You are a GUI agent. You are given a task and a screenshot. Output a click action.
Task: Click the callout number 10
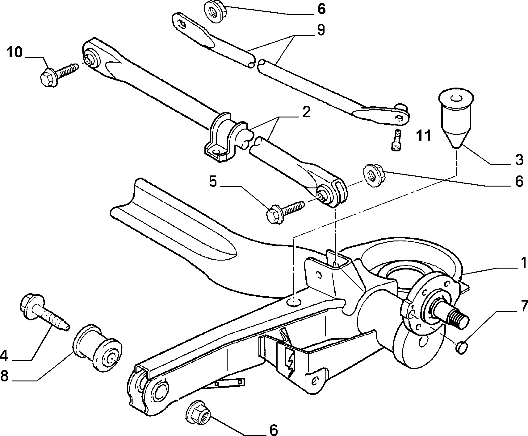pyautogui.click(x=15, y=52)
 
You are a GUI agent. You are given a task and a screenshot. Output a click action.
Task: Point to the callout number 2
pyautogui.click(x=306, y=113)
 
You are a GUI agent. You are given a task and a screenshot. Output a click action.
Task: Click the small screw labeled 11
pyautogui.click(x=397, y=140)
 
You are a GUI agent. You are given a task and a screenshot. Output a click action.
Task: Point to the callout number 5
pyautogui.click(x=213, y=181)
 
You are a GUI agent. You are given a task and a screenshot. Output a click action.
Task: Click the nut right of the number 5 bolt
pyautogui.click(x=374, y=176)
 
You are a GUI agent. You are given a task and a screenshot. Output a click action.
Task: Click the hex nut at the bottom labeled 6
pyautogui.click(x=198, y=411)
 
